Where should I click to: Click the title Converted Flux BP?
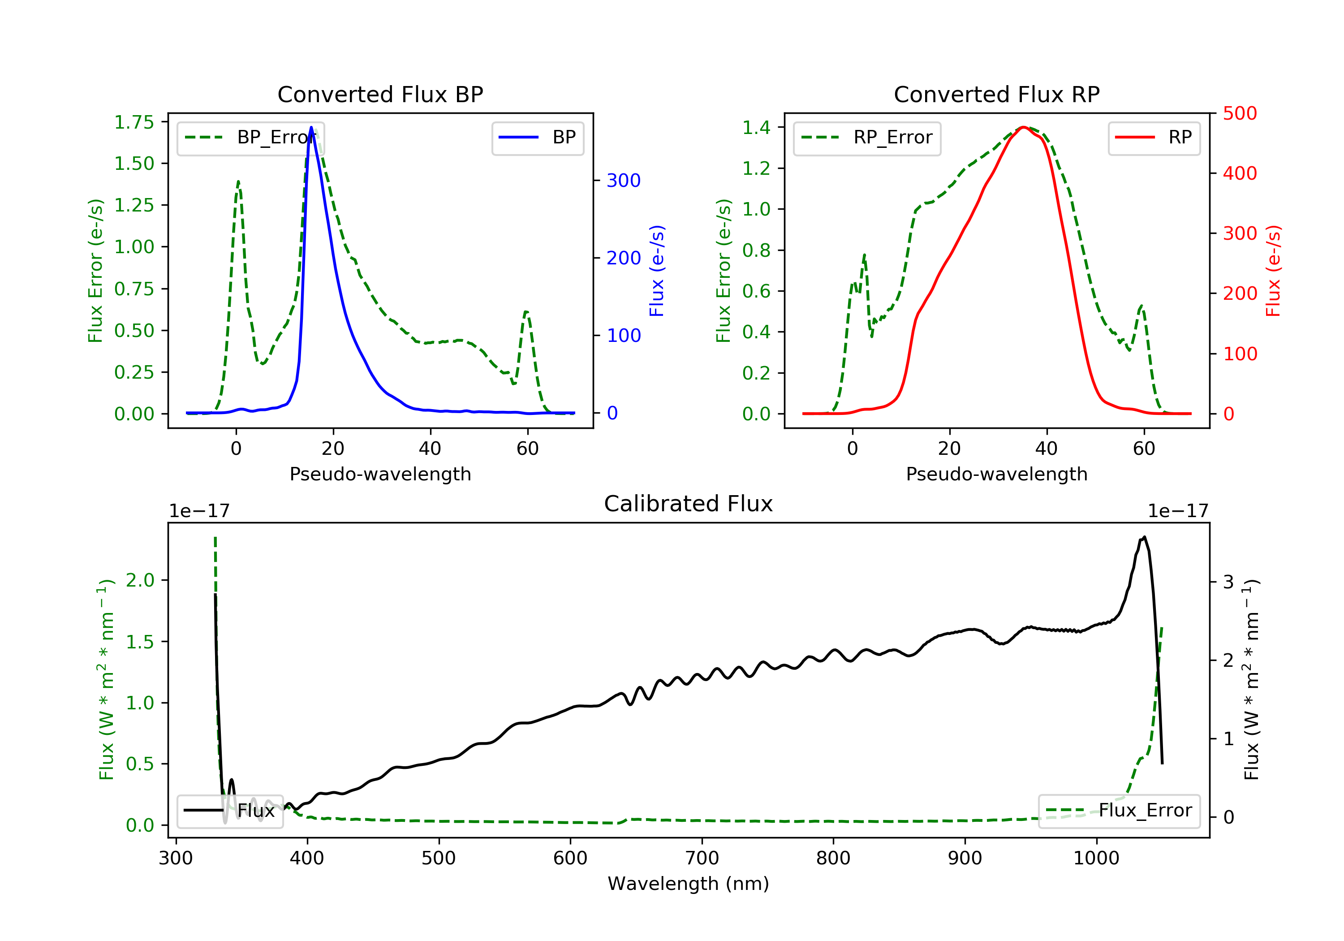[x=380, y=94]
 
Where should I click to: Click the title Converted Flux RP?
[x=996, y=94]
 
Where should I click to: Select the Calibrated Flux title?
[x=689, y=504]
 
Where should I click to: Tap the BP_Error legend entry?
[x=250, y=138]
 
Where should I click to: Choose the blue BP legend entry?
[x=537, y=138]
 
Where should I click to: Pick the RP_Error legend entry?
[x=866, y=138]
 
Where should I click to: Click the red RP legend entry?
[x=1154, y=138]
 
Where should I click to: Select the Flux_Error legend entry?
[x=1119, y=811]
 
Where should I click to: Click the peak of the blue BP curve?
[x=311, y=127]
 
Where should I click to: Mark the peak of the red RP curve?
[x=1023, y=127]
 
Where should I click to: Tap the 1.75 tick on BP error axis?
[x=134, y=122]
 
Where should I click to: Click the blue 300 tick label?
[x=624, y=180]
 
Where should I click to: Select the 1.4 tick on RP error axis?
[x=756, y=128]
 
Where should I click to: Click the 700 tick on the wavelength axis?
[x=702, y=859]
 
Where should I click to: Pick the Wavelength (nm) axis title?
[x=689, y=884]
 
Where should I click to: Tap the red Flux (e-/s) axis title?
[x=1273, y=271]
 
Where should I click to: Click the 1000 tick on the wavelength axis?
[x=1096, y=859]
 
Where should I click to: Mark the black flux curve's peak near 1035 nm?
[x=1144, y=537]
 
